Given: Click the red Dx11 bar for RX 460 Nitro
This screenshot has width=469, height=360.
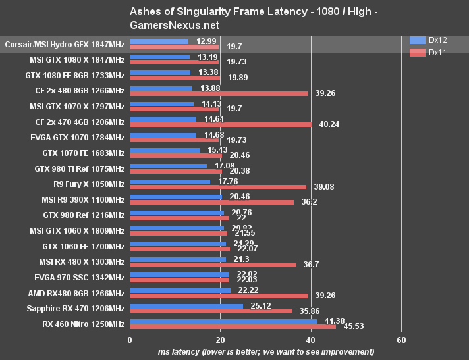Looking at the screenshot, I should [233, 326].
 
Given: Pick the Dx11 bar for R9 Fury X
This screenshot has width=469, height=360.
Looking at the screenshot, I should [218, 186].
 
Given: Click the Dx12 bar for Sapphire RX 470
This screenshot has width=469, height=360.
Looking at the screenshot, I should [187, 305].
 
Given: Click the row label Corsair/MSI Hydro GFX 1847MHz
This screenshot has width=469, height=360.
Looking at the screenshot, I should [65, 44].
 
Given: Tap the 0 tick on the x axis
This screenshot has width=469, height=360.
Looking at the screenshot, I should [130, 340].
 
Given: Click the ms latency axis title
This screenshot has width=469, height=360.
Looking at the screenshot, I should [265, 352].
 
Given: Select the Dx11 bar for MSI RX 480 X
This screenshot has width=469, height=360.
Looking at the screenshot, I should [213, 264].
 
